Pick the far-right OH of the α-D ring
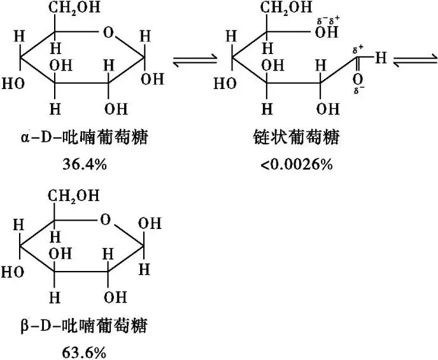pyautogui.click(x=152, y=80)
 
